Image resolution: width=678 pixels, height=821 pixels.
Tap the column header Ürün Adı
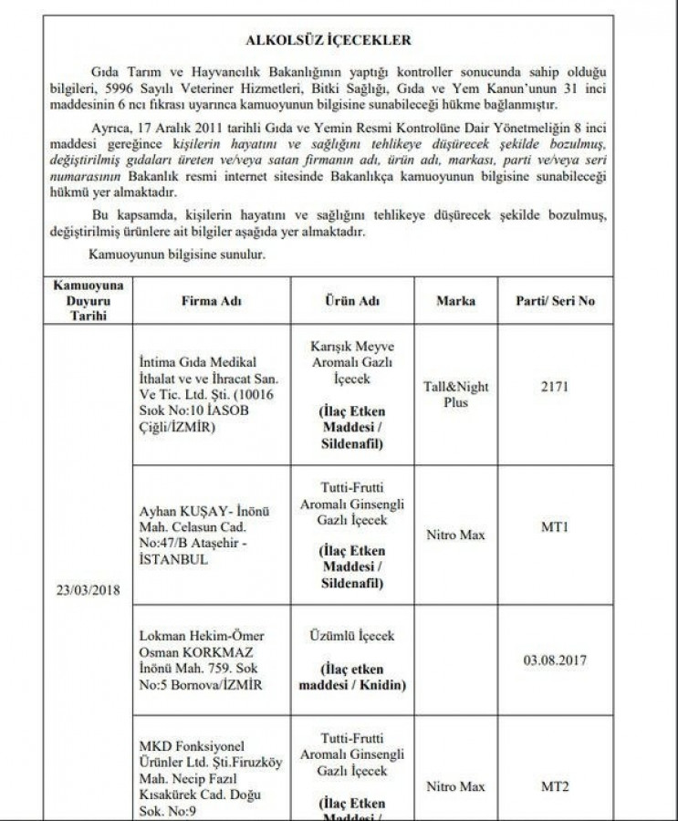coord(351,301)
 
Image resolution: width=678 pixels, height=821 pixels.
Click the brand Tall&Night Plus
coord(456,393)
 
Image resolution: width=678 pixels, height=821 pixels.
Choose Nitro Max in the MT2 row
coord(456,785)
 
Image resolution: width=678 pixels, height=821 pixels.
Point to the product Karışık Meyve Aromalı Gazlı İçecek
coord(351,360)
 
